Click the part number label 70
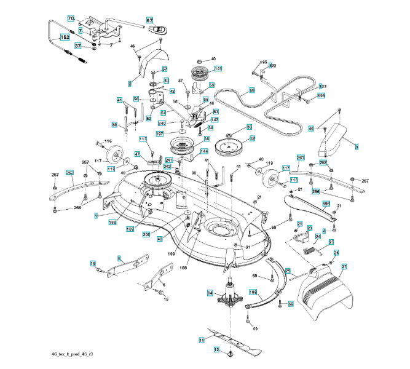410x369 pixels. (x=70, y=18)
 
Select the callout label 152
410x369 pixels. (x=63, y=38)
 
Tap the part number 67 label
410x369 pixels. (x=149, y=20)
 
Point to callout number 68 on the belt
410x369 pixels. (x=251, y=90)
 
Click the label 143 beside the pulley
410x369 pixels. (x=218, y=68)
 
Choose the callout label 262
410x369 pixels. (x=69, y=173)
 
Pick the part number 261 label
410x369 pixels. (x=301, y=158)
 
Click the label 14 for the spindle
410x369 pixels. (x=210, y=294)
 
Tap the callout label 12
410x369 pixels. (x=216, y=349)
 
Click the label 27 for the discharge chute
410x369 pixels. (x=344, y=266)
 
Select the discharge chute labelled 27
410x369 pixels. (x=326, y=295)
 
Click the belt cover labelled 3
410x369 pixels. (x=333, y=140)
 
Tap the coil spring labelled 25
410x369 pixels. (x=314, y=249)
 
